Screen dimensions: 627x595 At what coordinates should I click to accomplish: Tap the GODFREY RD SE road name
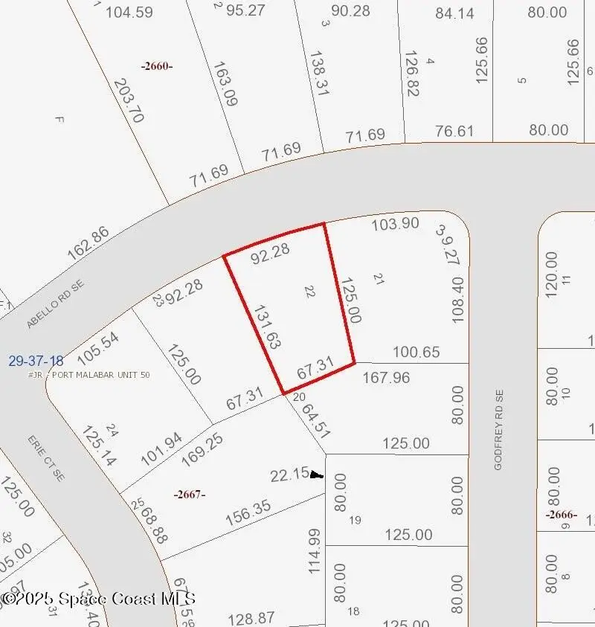[x=499, y=429]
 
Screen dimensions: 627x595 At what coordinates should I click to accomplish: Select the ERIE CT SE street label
[x=46, y=457]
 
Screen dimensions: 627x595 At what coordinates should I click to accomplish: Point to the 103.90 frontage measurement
[x=395, y=223]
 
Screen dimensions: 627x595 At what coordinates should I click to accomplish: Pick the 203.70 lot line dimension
[x=128, y=101]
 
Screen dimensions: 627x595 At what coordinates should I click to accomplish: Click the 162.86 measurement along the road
[x=88, y=242]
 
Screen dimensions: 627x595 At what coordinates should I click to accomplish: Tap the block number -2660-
[x=157, y=65]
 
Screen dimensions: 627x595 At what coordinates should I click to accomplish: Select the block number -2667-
[x=189, y=495]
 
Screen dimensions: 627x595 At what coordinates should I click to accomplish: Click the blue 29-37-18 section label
[x=36, y=361]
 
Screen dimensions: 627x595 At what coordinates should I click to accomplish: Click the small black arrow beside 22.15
[x=317, y=474]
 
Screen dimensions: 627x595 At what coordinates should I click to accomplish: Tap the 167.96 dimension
[x=386, y=378]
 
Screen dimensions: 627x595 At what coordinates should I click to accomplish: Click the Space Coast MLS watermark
[x=98, y=598]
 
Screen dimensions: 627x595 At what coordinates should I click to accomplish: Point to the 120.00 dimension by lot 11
[x=552, y=274]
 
